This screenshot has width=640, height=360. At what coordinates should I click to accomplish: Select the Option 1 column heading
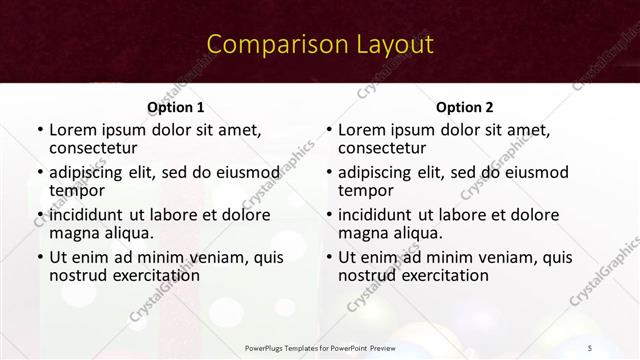[175, 107]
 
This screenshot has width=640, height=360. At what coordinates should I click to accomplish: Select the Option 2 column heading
[465, 107]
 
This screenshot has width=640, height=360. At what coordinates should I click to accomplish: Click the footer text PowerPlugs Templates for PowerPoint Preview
[320, 347]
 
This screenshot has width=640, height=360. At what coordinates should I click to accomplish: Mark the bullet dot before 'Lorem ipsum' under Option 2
[329, 130]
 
